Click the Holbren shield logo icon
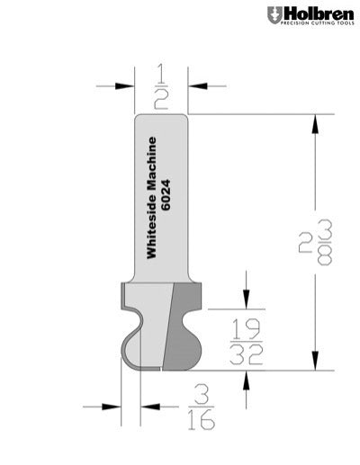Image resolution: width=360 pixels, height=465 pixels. pos(273,15)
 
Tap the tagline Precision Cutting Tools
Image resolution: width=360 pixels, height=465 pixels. pos(314,25)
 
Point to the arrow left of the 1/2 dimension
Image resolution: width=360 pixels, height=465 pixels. pos(123,86)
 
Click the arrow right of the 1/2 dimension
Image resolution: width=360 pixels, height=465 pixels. pos(200,86)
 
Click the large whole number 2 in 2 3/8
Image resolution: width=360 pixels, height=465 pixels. pos(305,241)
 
